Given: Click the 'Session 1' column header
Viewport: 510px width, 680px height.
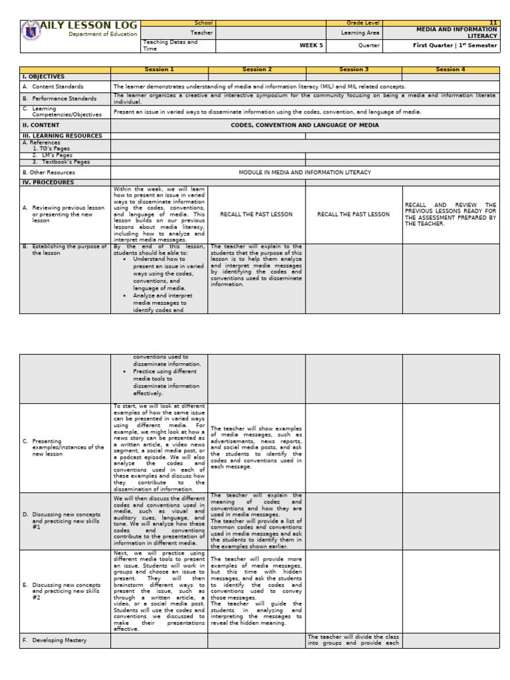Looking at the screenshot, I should point(159,70).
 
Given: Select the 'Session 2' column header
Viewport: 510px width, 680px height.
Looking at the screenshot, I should point(256,70).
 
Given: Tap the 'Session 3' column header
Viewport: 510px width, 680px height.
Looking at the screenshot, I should point(353,70).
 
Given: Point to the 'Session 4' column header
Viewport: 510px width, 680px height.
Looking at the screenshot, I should point(450,70).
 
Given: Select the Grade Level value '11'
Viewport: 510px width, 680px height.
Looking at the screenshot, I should point(493,23).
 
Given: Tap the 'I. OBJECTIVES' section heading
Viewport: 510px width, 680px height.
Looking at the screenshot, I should point(44,77).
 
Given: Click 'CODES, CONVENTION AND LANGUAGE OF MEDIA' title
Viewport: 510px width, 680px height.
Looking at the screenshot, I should point(305,125).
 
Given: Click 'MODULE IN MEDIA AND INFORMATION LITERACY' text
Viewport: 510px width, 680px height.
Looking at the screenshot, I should point(305,172).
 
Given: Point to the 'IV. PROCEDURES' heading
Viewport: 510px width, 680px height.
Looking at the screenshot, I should point(48,182).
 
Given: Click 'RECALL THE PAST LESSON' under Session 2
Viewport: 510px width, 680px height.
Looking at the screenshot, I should point(256,214).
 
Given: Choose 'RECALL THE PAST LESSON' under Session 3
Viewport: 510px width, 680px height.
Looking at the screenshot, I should point(353,214).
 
